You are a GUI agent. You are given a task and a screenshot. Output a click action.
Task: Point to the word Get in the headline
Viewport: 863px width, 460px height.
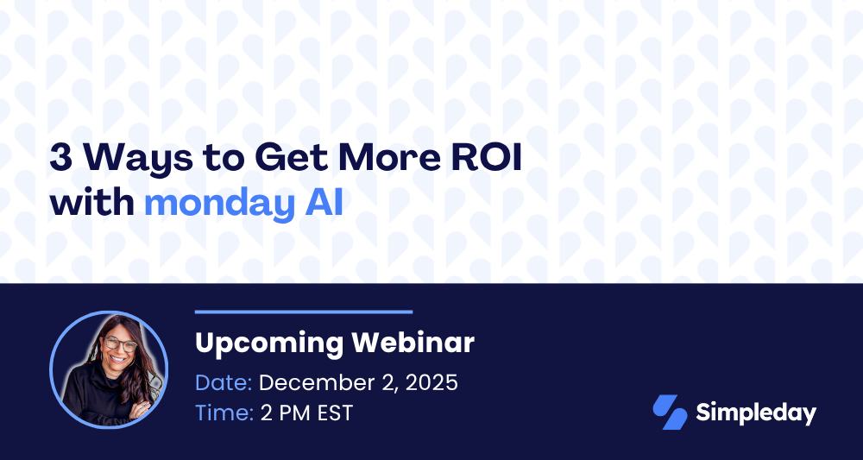point(291,158)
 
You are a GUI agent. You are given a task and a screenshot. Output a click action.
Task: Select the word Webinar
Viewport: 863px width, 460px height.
point(413,343)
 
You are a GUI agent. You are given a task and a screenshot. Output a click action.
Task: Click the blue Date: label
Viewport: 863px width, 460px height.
point(224,383)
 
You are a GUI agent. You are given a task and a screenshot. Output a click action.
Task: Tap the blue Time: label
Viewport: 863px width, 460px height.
point(224,413)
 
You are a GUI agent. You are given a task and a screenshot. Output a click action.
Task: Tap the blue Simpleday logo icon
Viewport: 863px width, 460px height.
point(670,413)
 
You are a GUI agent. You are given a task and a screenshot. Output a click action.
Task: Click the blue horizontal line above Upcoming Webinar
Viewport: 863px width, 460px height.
point(304,312)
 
